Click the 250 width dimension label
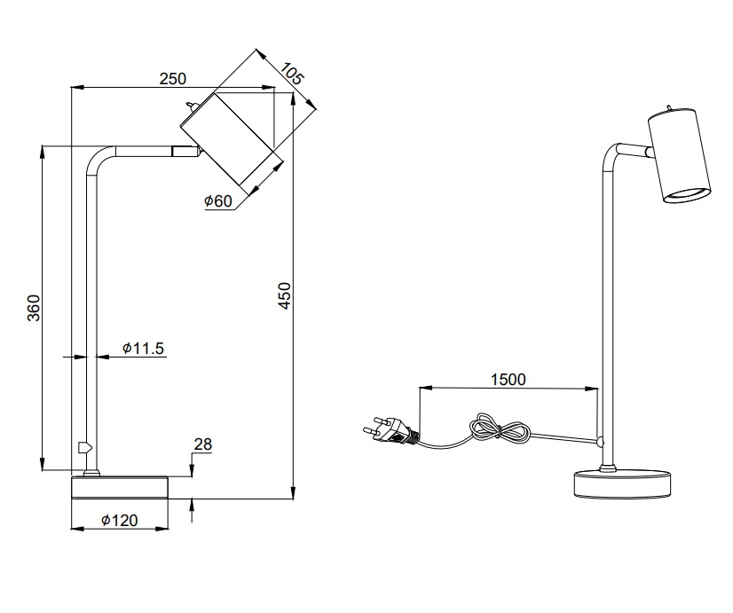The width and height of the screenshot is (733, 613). [x=172, y=78]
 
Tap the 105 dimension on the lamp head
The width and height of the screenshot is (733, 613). [x=292, y=74]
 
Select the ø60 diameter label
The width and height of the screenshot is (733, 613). [x=217, y=200]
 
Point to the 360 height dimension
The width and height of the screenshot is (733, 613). [x=34, y=308]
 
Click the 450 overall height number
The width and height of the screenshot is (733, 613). [x=284, y=295]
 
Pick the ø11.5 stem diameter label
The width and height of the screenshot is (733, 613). [x=143, y=348]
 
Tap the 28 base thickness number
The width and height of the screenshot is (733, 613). [x=203, y=444]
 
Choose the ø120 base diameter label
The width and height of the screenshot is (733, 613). [x=120, y=520]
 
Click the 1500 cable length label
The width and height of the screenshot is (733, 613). [x=508, y=380]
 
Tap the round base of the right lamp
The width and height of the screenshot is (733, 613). [x=622, y=484]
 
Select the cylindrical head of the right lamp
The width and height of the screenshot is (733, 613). [x=679, y=155]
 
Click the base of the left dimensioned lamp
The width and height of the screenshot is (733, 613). [x=120, y=488]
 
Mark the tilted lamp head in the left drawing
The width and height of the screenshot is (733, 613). [x=233, y=138]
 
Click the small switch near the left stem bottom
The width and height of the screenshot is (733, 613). [x=84, y=447]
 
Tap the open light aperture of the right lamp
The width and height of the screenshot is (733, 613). [x=688, y=194]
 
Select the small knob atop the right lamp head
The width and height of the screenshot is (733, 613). [x=670, y=108]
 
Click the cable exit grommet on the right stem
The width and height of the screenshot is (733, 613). [x=600, y=441]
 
